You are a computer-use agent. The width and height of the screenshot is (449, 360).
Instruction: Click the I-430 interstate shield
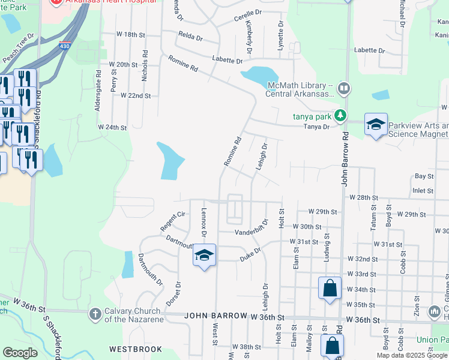(64, 46)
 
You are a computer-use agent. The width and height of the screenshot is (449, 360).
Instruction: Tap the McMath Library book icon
(344, 89)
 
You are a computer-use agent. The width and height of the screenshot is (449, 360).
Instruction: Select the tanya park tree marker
(340, 115)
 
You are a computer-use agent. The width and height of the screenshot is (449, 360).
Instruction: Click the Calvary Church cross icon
(94, 313)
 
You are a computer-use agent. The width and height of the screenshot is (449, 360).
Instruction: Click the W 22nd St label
(135, 95)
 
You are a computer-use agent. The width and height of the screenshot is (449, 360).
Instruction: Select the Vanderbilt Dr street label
(254, 232)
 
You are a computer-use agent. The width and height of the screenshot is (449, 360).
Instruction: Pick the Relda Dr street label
(190, 37)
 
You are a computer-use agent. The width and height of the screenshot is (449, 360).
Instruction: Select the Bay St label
(424, 176)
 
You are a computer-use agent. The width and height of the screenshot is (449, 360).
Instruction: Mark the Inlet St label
(423, 191)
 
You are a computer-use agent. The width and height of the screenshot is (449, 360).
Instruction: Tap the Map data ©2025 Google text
(411, 355)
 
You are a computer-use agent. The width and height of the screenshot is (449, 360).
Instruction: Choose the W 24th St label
(113, 128)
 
